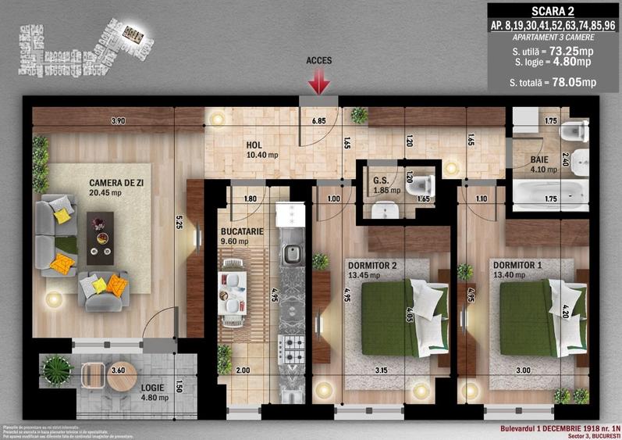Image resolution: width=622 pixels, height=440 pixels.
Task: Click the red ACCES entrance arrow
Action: (x=319, y=82)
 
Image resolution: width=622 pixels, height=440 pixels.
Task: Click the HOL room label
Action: (x=254, y=145)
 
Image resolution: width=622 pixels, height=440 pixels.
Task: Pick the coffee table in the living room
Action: (x=100, y=234)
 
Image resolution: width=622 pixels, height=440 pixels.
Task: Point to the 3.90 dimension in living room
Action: (x=118, y=121)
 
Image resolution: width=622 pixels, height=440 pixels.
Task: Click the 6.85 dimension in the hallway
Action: (x=318, y=122)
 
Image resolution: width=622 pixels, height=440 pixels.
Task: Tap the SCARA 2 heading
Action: (x=553, y=10)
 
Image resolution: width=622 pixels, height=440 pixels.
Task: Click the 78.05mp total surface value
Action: (x=573, y=81)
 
